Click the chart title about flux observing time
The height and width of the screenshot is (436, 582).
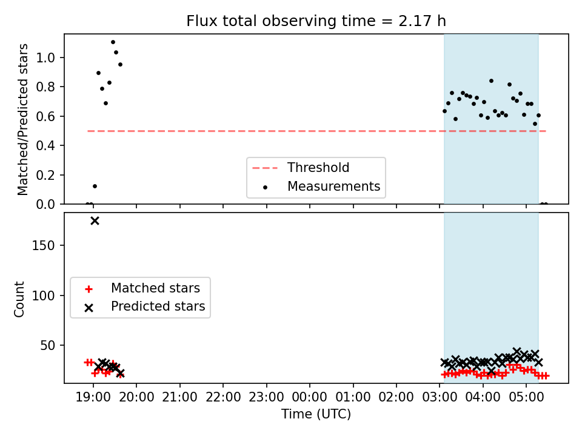pos(316,21)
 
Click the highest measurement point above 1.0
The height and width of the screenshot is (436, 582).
pos(113,42)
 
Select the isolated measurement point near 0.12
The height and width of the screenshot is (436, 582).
pos(95,186)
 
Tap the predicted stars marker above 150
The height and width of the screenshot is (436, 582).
pos(95,221)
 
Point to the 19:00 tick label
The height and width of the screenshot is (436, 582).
pos(93,397)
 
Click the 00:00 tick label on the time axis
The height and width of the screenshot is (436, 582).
pos(310,397)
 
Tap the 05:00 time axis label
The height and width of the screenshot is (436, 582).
pos(526,397)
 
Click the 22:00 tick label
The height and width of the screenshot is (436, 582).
pos(223,397)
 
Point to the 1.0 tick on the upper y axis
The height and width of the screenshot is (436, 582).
pos(45,58)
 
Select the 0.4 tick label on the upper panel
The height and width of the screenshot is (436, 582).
pos(45,146)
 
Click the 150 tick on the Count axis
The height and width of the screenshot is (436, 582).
pos(44,245)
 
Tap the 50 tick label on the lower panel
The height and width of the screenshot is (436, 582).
pos(47,346)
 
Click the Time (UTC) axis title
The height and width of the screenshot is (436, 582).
pos(316,414)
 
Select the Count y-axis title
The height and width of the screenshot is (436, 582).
pos(19,299)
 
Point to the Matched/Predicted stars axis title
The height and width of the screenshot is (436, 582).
pos(22,119)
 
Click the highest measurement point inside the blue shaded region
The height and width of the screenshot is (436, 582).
pos(491,81)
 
